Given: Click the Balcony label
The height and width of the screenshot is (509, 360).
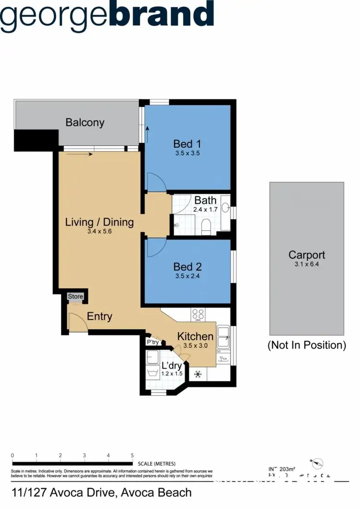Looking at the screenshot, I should pyautogui.click(x=85, y=122).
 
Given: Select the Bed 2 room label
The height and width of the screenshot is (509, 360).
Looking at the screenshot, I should pyautogui.click(x=187, y=267).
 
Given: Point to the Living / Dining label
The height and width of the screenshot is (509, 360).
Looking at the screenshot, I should pyautogui.click(x=99, y=222).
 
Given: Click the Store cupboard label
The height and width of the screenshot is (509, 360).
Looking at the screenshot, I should pyautogui.click(x=75, y=296).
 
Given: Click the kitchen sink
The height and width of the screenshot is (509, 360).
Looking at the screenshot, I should pyautogui.click(x=223, y=336).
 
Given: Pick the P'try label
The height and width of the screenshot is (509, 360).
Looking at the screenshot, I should pyautogui.click(x=153, y=342).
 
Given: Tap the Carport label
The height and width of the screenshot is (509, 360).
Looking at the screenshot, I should pyautogui.click(x=306, y=255).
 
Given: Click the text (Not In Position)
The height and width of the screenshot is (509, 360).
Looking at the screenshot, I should pyautogui.click(x=306, y=345).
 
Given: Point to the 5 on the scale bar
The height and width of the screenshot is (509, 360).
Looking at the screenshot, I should pyautogui.click(x=132, y=455).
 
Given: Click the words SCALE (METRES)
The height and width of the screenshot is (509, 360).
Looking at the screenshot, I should pyautogui.click(x=156, y=464).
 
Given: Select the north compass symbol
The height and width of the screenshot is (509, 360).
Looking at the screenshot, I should pyautogui.click(x=317, y=463).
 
